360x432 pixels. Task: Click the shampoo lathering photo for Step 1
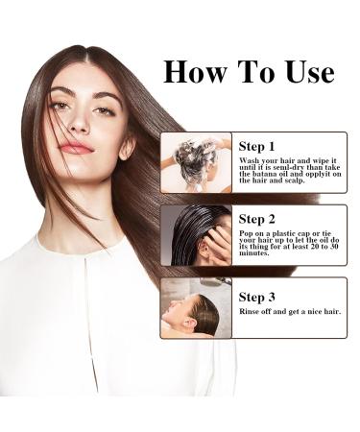tap(196, 163)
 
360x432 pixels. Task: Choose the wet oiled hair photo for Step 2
tap(196, 235)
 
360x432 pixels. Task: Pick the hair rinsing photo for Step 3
tap(196, 308)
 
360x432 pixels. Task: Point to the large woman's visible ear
tap(128, 146)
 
